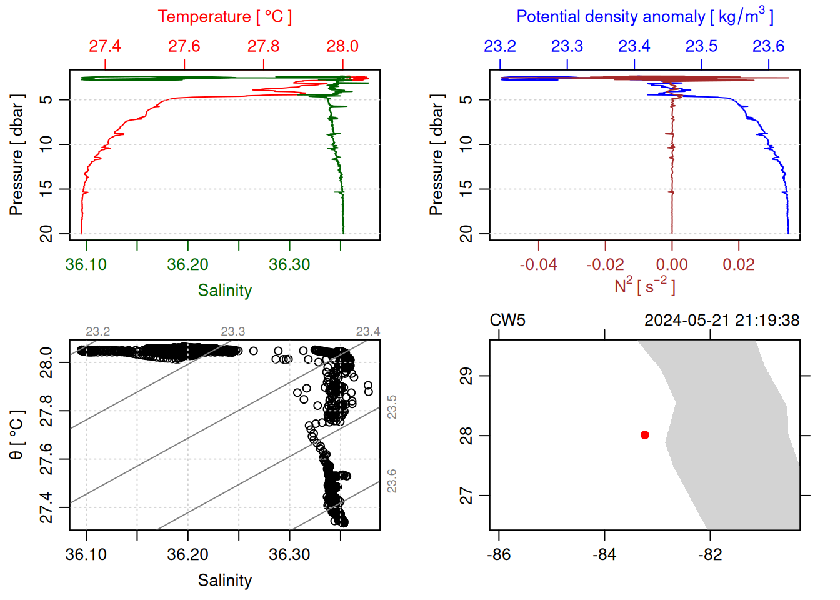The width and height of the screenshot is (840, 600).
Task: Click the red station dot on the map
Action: (645, 435)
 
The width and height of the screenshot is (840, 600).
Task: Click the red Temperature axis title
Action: (224, 17)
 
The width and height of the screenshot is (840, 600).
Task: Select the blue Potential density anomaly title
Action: (644, 16)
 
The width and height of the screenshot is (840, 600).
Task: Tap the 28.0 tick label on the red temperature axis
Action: (342, 46)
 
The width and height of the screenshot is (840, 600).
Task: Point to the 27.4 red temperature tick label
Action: (105, 46)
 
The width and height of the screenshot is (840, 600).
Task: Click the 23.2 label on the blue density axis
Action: (500, 46)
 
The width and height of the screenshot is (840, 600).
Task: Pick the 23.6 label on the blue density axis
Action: (768, 46)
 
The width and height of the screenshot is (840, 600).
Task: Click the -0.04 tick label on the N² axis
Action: (538, 264)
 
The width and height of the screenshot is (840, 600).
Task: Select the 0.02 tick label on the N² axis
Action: (739, 264)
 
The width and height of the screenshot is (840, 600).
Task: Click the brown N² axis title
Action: (644, 286)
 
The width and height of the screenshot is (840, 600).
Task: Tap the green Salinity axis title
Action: (224, 291)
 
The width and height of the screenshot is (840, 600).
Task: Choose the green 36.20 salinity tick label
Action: (187, 264)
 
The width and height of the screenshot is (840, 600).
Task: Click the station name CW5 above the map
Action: (507, 321)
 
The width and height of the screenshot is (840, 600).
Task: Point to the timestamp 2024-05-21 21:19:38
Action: (722, 321)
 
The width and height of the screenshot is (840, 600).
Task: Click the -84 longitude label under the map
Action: (604, 554)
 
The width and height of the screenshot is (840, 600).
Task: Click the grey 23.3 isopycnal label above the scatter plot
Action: (233, 331)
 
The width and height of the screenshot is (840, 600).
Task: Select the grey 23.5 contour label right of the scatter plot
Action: (392, 407)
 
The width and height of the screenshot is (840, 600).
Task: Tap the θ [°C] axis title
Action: (17, 434)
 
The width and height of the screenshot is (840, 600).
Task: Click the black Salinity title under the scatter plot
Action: (224, 581)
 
